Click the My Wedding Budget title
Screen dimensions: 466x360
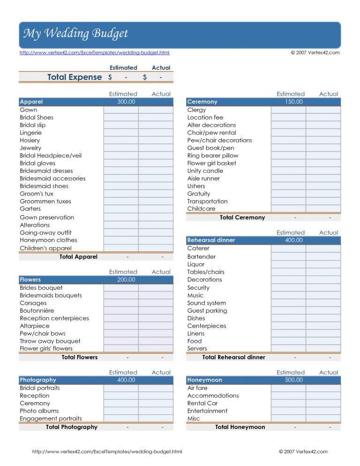(x=75, y=34)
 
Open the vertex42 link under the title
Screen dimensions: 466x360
(x=94, y=53)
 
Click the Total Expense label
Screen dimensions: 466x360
(x=75, y=77)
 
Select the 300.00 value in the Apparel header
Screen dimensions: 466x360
(x=126, y=102)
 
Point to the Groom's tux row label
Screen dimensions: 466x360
(x=37, y=194)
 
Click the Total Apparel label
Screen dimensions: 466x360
(x=78, y=257)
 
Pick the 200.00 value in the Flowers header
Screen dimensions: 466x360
(x=126, y=280)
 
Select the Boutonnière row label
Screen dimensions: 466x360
(x=37, y=310)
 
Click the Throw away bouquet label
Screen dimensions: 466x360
(x=50, y=341)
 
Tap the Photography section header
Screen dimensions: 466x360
(x=38, y=380)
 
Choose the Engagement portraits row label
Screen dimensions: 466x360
(x=51, y=419)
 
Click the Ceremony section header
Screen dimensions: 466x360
(x=202, y=102)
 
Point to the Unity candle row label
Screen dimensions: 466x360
(x=205, y=171)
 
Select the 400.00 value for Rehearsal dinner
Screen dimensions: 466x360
(x=293, y=240)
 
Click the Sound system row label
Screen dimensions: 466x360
(x=206, y=303)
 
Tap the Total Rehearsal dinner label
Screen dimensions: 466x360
(x=233, y=357)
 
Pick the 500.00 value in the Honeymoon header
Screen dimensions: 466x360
(x=293, y=380)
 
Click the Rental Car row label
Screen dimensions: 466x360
(x=202, y=403)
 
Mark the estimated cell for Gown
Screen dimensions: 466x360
(x=121, y=110)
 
